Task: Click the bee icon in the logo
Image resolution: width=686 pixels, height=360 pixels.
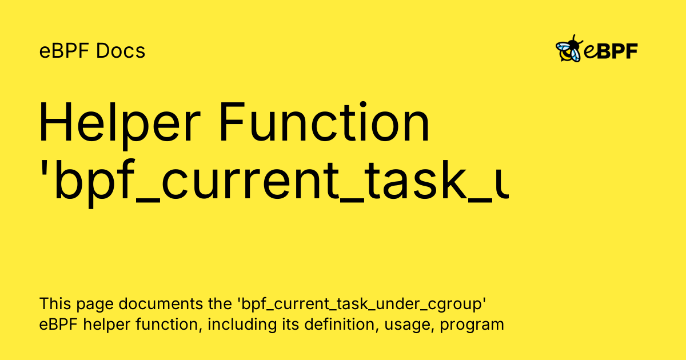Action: tap(569, 50)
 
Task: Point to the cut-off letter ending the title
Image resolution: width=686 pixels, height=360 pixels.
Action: tap(501, 186)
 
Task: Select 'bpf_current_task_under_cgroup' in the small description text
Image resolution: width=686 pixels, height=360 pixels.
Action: tap(365, 303)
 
